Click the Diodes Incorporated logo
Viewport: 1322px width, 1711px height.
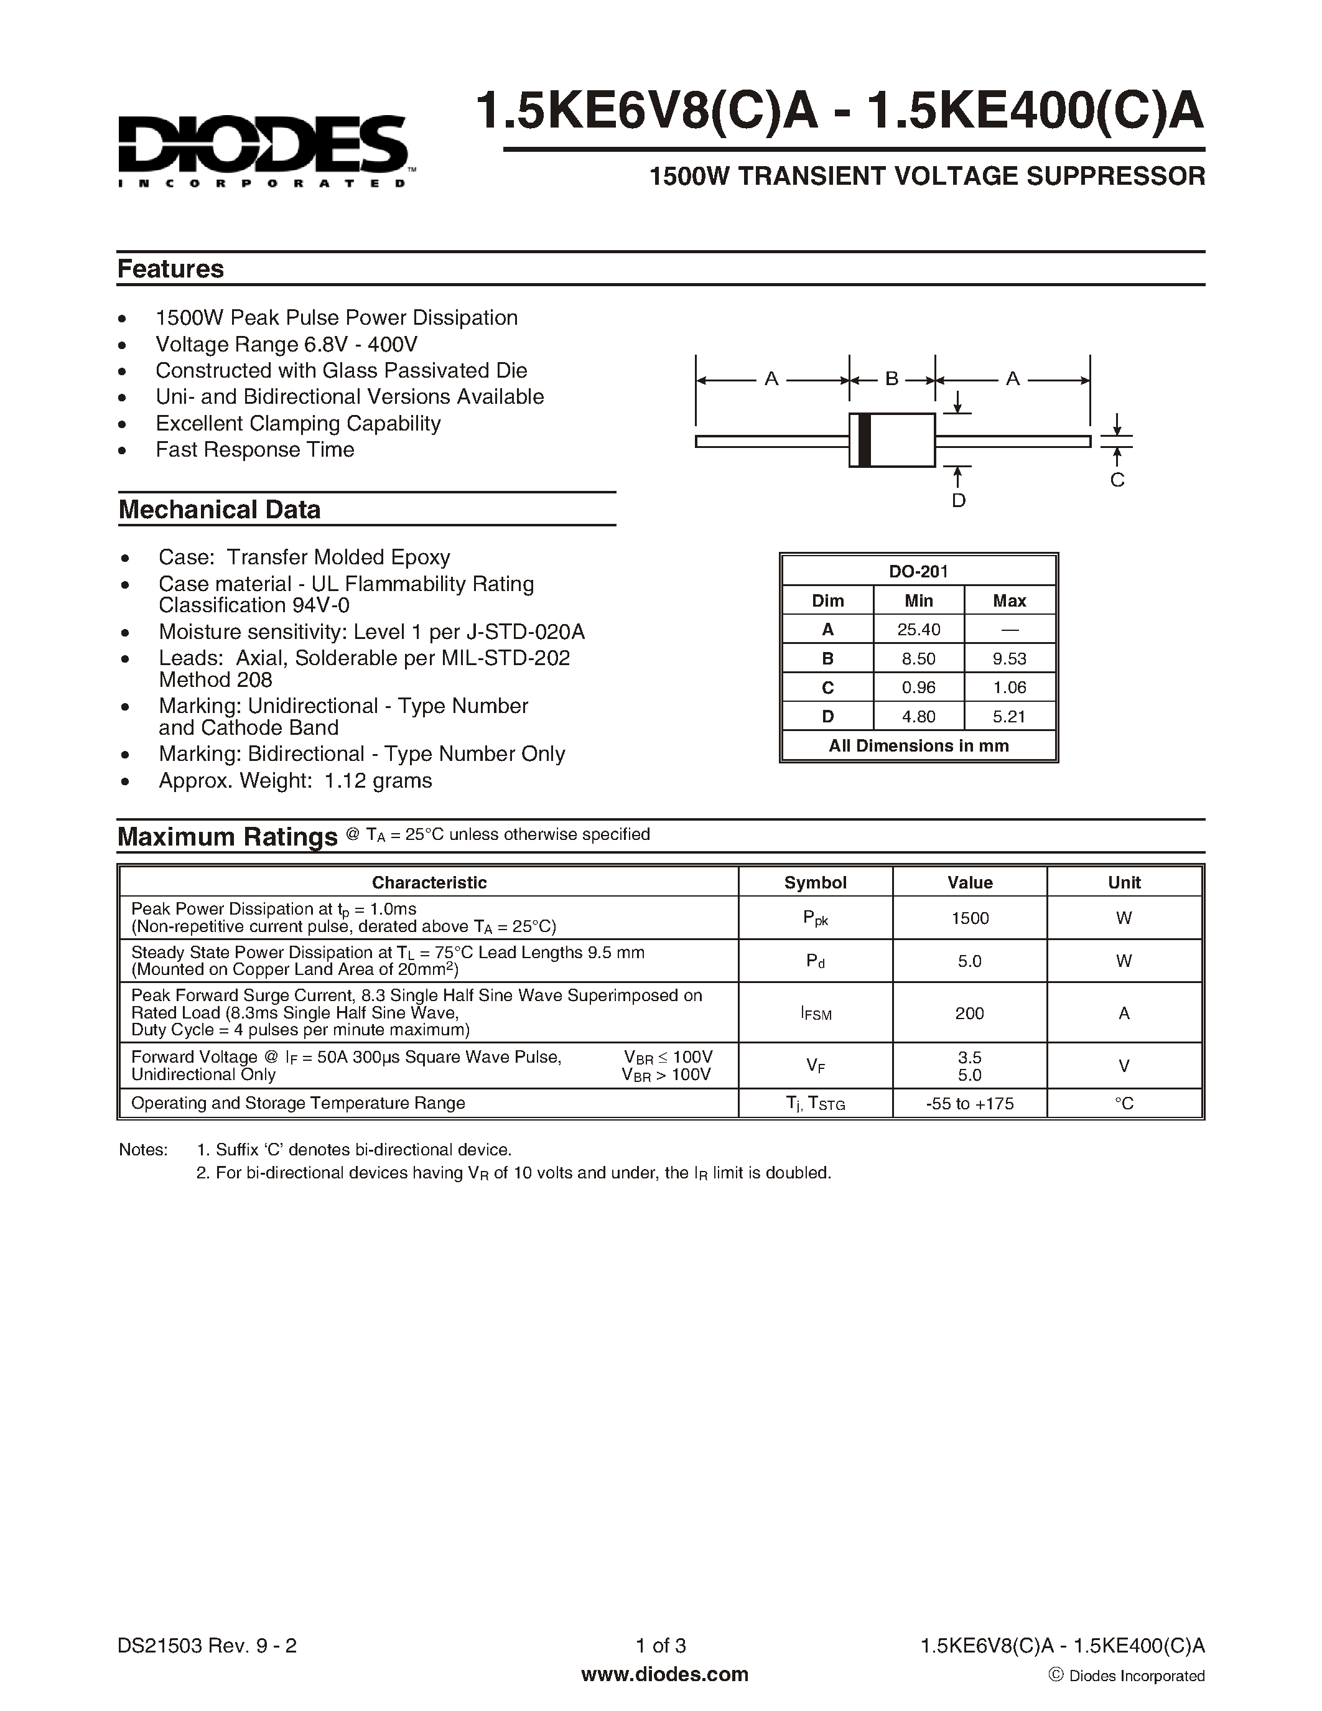point(263,149)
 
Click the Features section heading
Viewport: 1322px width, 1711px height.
point(170,269)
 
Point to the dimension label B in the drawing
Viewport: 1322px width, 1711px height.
point(891,379)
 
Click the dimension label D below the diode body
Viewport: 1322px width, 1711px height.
point(959,501)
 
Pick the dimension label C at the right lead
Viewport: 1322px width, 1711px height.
point(1117,480)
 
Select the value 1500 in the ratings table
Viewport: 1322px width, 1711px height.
point(970,918)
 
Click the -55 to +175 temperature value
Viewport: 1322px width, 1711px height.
point(970,1104)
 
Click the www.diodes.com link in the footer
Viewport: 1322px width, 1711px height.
point(664,1675)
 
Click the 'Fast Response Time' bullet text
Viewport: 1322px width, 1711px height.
point(254,450)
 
